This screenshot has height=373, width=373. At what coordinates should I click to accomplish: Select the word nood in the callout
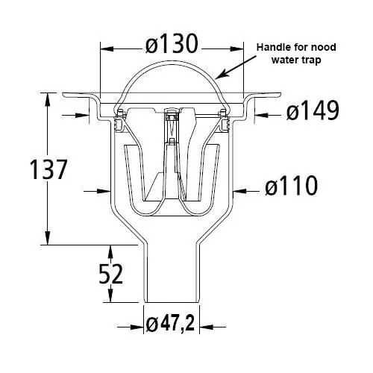pos(320,47)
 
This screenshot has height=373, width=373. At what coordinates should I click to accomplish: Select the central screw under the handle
pos(172,116)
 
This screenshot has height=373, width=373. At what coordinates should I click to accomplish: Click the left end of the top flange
pos(65,95)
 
